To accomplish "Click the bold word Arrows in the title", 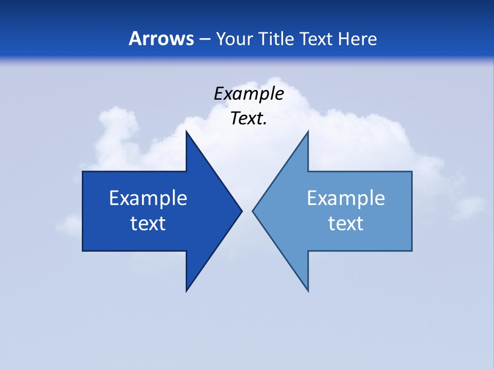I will point(161,39).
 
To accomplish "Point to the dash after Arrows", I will point(204,39).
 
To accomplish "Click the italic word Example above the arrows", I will point(249,94).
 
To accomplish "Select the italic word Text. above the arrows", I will point(249,119).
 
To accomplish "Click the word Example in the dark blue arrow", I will point(148,198).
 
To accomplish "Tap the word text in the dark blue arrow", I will point(148,224).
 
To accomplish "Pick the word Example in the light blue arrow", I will point(346,198).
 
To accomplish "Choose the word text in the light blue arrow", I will point(346,224).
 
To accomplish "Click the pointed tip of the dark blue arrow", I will point(241,211).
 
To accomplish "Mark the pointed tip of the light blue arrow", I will point(254,211).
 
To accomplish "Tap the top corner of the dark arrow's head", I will point(187,133).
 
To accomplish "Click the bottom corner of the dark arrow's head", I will point(187,290).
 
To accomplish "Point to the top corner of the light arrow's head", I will point(308,133).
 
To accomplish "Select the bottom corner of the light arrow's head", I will point(308,290).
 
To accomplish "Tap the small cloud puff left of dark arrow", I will point(69,225).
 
